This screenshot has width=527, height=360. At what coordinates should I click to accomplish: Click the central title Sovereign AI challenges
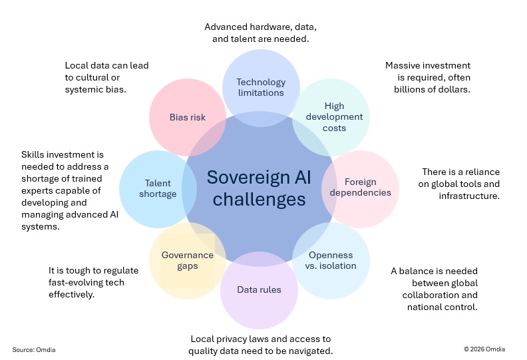[x=259, y=188]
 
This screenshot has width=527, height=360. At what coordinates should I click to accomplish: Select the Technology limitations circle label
[x=261, y=87]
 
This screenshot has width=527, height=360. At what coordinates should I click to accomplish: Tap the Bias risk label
[x=188, y=117]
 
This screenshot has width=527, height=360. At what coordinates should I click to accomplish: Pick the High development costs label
[x=334, y=117]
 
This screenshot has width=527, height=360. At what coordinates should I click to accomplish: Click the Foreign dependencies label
[x=360, y=187]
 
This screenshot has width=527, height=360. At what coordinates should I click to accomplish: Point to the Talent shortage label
[x=158, y=188]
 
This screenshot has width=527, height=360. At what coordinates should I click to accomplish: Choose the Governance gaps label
[x=188, y=260]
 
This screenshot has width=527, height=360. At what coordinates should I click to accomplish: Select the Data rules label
[x=259, y=289]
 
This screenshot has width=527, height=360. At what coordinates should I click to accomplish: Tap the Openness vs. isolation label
[x=331, y=260]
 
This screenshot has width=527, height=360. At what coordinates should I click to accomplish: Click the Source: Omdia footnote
[x=34, y=349]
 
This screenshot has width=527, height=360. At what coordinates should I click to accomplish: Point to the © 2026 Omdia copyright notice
[x=484, y=349]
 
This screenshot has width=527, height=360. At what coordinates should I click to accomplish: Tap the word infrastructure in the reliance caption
[x=469, y=196]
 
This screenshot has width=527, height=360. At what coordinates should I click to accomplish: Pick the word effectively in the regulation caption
[x=71, y=294]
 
